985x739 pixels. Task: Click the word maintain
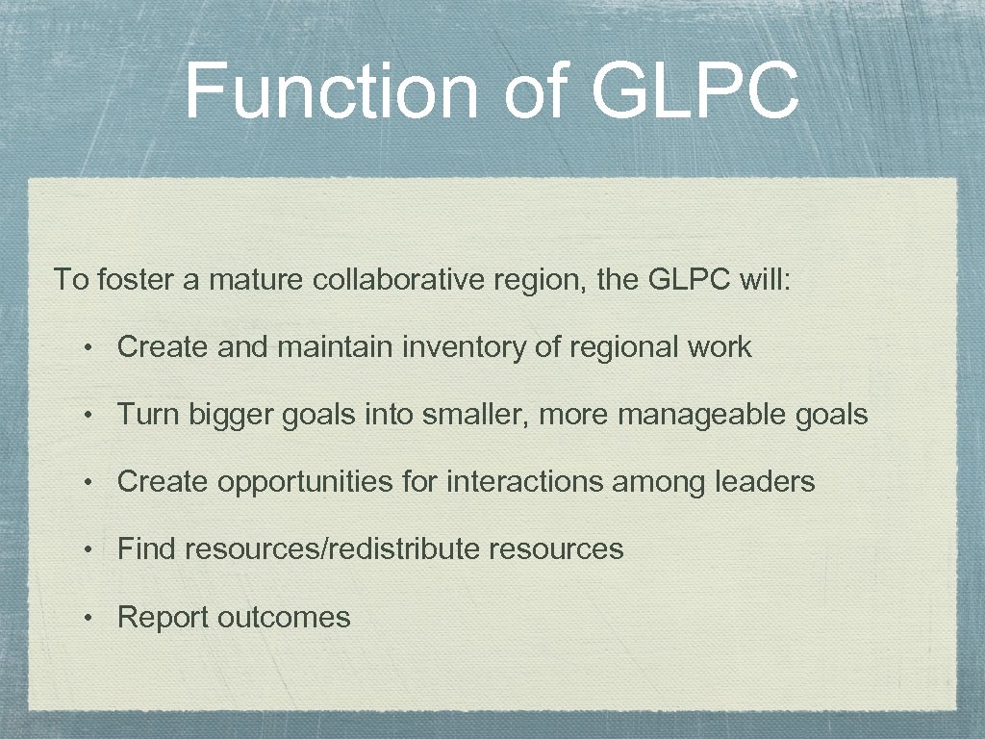click(x=335, y=346)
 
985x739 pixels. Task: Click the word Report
click(x=164, y=617)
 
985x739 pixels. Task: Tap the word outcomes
click(x=284, y=617)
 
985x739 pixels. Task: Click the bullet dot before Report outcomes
click(x=88, y=618)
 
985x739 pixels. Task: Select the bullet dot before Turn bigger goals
click(x=88, y=416)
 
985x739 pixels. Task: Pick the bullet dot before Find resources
click(x=88, y=549)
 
